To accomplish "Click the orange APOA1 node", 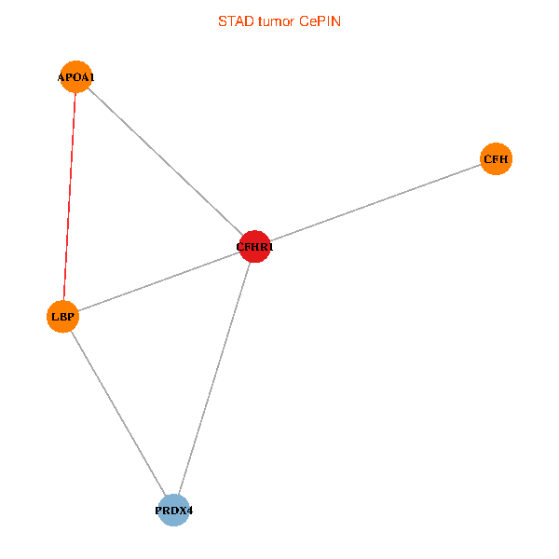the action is (75, 77).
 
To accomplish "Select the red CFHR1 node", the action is (254, 247).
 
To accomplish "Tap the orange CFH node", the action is (496, 159).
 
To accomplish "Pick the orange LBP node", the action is (62, 317).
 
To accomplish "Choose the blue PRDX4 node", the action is (174, 511).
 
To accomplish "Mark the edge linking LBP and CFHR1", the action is (158, 281).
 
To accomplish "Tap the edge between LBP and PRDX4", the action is (118, 414).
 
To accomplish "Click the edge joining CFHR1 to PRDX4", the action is (214, 378).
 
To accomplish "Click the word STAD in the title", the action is (234, 20).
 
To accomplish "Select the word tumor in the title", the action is (276, 20).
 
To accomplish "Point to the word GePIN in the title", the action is (320, 20).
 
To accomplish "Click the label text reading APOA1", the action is (75, 77).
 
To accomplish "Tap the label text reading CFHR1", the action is (254, 247).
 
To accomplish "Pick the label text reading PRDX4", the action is (174, 511).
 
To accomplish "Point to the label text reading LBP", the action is (62, 317).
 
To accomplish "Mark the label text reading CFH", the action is (496, 159).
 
